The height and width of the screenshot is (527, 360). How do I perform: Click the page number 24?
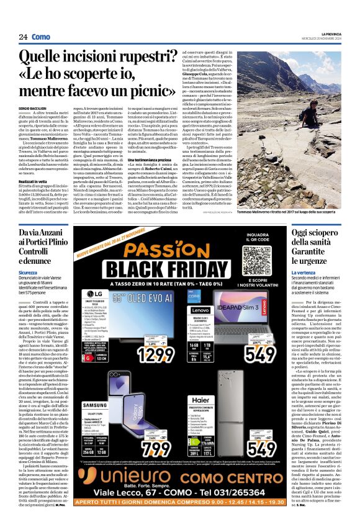[23, 37]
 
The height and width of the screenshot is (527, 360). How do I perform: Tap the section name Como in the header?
[41, 37]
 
